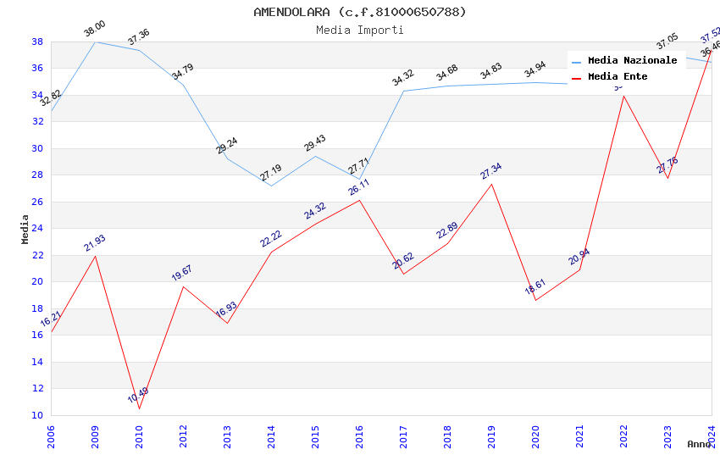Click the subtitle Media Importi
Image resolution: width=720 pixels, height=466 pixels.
[360, 30]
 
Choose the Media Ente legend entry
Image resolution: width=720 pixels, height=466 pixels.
[618, 76]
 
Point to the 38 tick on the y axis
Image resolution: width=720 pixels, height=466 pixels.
[37, 42]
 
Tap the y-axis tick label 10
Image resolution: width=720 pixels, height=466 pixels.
[37, 415]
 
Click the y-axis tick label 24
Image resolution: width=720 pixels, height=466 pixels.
[37, 229]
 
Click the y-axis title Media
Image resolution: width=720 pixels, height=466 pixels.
[25, 229]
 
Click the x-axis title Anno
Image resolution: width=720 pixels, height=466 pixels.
[699, 444]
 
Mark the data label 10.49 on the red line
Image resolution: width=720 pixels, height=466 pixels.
[138, 396]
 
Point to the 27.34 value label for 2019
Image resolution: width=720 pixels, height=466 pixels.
[491, 171]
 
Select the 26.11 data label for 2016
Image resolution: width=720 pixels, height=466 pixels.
[359, 187]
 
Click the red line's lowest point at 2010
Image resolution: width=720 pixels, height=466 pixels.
[139, 408]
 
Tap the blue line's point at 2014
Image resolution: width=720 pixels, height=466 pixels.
[271, 186]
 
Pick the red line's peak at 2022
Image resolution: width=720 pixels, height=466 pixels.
[623, 95]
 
